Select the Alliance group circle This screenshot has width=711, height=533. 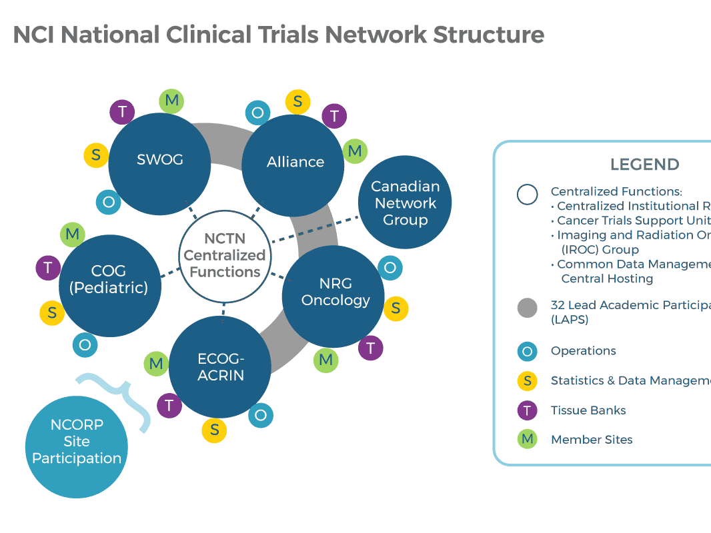293,163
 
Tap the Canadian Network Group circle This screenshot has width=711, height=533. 405,203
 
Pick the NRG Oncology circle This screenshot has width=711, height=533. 334,294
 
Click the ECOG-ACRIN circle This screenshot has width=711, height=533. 220,367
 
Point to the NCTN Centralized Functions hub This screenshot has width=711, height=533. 224,255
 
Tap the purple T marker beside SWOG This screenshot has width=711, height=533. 122,111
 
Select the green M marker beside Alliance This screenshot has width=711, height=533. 355,151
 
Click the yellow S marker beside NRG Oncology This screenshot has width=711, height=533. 396,308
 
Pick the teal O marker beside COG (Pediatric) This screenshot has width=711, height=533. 85,344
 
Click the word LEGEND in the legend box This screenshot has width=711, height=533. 644,165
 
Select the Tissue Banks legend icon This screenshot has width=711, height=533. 528,410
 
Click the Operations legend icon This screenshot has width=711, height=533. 528,351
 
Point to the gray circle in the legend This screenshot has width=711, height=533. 528,308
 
